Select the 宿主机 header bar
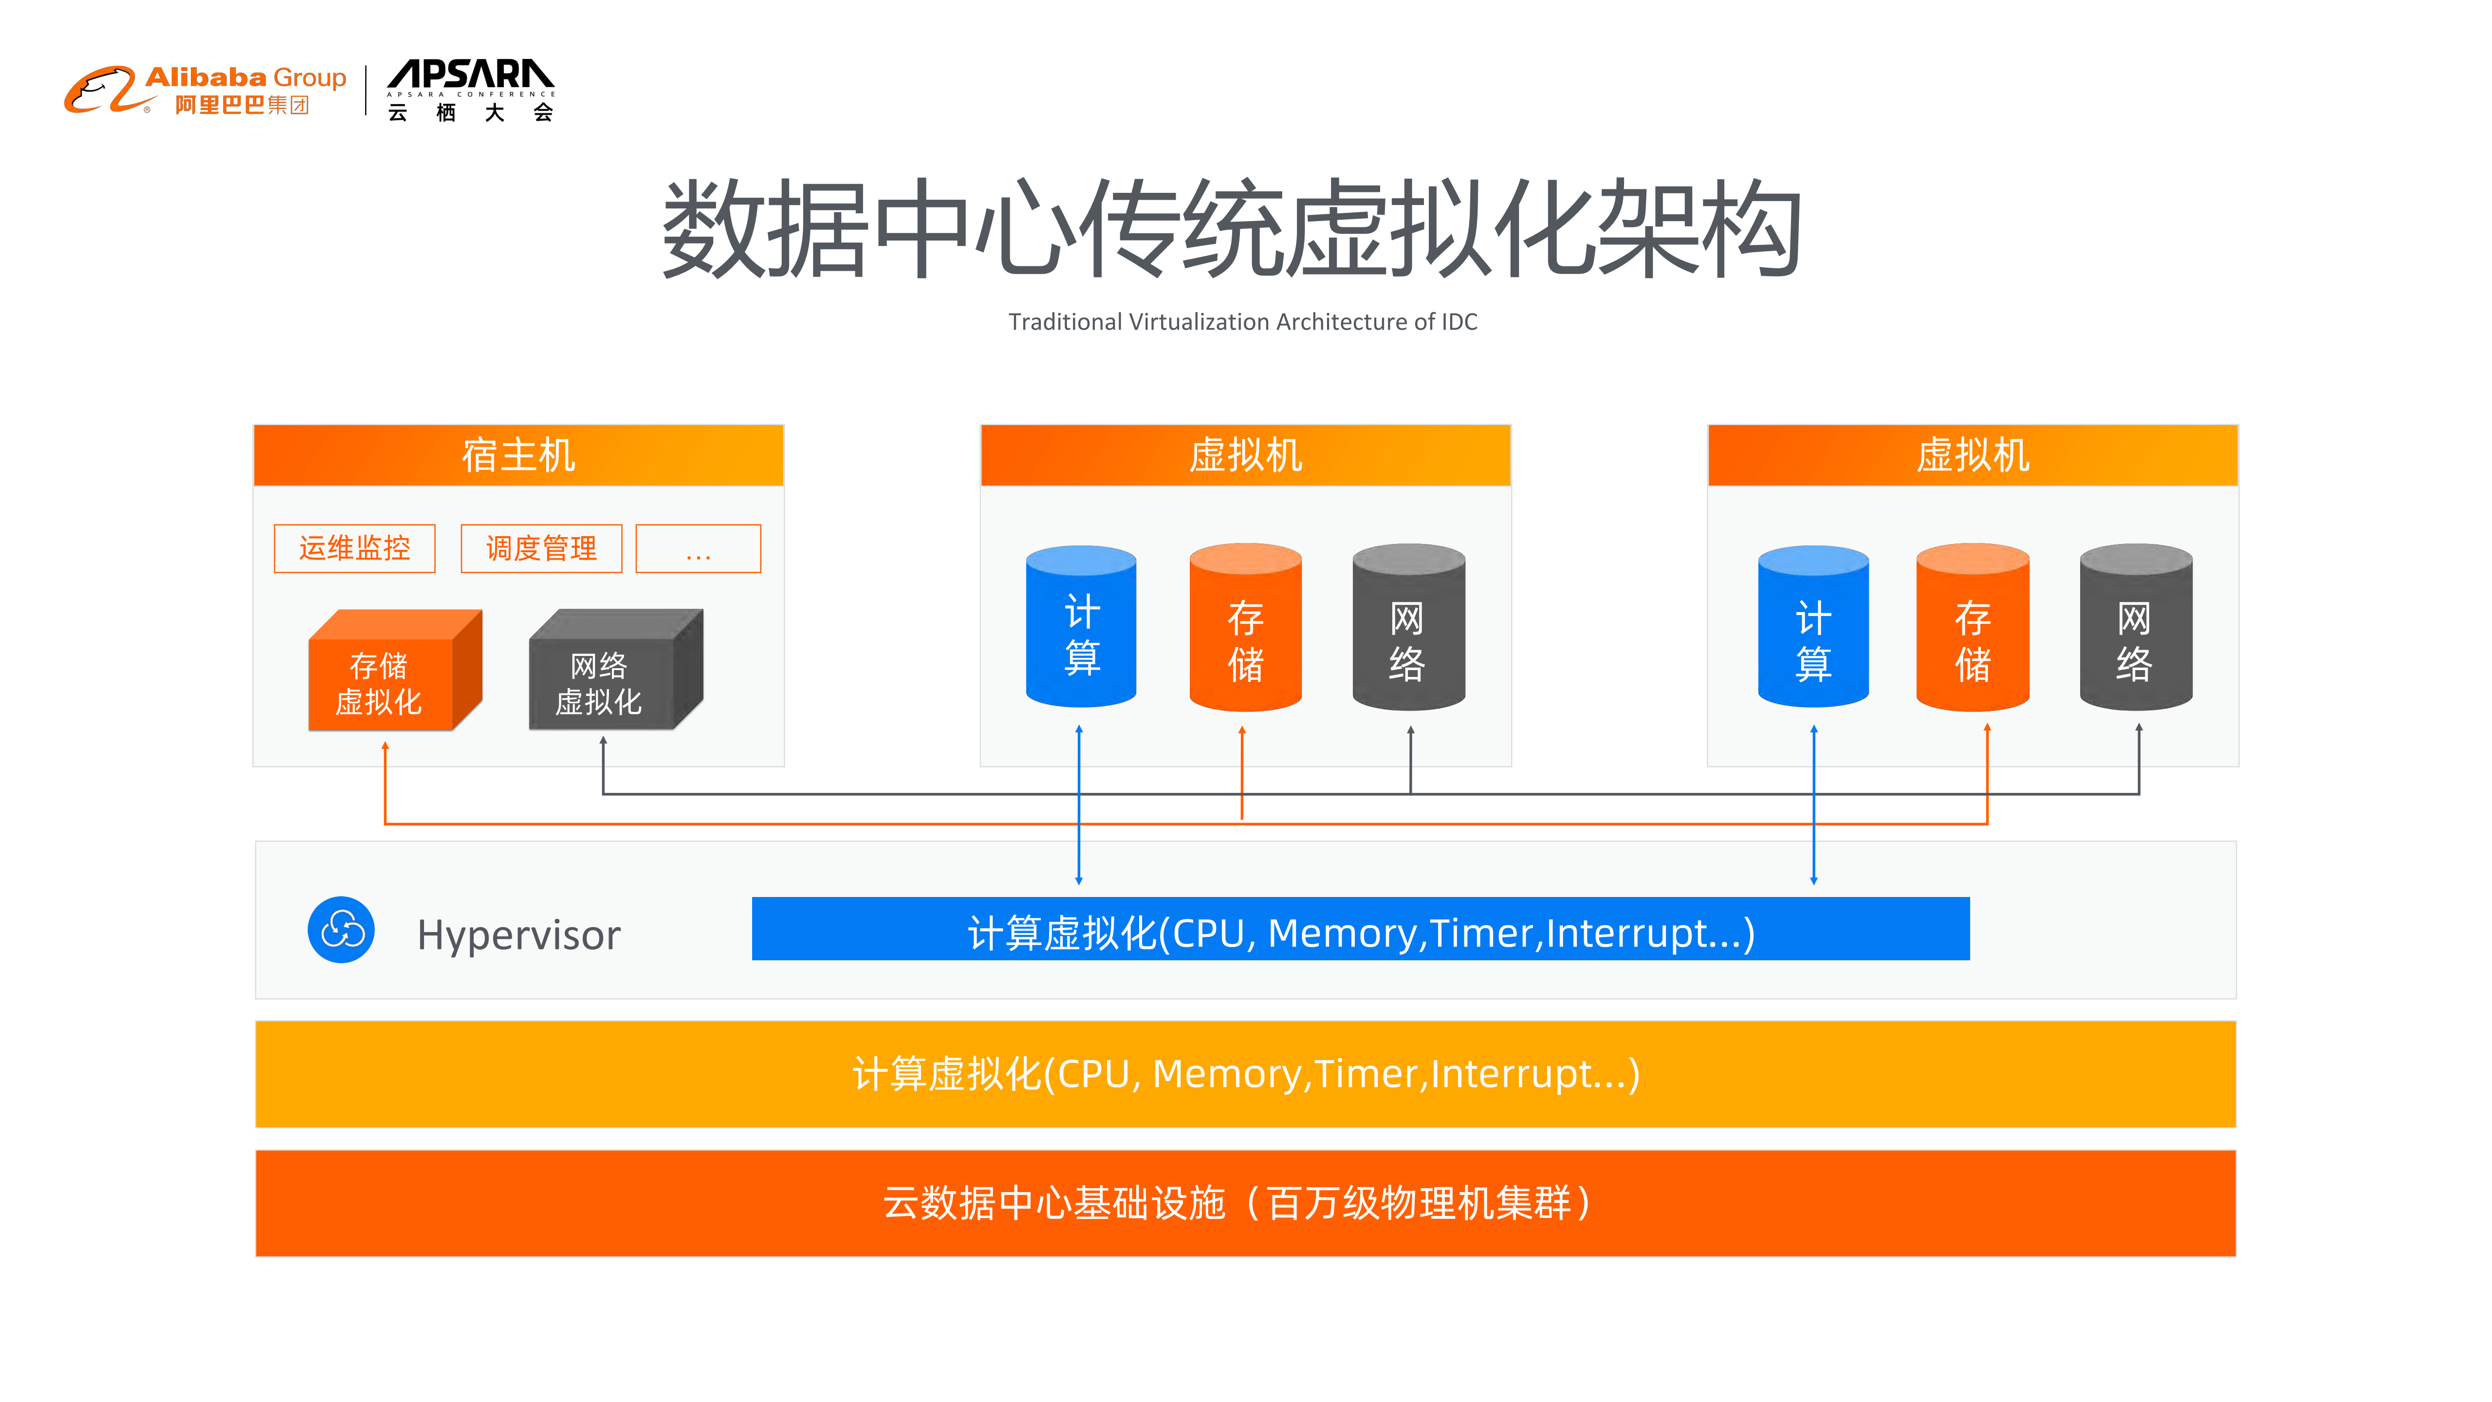tap(518, 455)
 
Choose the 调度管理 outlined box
tap(541, 549)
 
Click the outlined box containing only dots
tap(698, 549)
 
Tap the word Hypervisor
tap(518, 935)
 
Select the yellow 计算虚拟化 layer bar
tap(1245, 1074)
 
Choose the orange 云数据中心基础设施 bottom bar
tap(1245, 1203)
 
